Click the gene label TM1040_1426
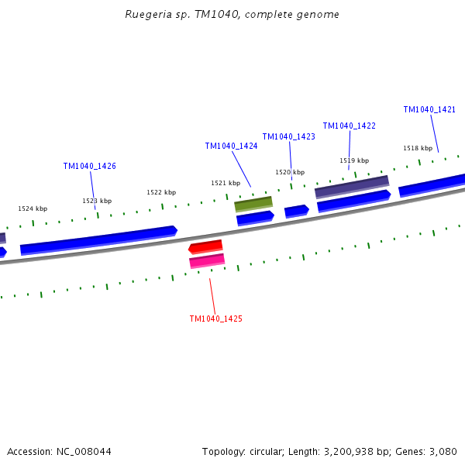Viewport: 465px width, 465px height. (90, 166)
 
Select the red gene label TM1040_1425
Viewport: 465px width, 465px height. (216, 319)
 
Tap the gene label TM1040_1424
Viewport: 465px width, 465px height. (231, 146)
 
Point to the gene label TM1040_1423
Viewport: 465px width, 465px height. (288, 136)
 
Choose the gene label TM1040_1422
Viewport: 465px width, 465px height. (349, 126)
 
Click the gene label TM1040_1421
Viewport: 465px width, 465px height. (429, 109)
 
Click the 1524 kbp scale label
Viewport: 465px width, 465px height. (33, 208)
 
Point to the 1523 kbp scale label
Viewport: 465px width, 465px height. (97, 201)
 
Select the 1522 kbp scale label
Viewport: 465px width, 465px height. (161, 192)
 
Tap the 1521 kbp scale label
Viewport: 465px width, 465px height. (226, 183)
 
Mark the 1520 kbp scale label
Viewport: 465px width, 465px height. (290, 172)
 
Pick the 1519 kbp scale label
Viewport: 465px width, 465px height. (354, 160)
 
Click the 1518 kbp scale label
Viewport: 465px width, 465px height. (418, 148)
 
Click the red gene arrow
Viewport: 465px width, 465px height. (205, 246)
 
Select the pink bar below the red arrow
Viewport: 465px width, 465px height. (207, 261)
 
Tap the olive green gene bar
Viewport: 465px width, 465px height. (253, 204)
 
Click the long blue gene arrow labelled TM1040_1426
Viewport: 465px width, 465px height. (98, 239)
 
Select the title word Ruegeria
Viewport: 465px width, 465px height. (148, 15)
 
